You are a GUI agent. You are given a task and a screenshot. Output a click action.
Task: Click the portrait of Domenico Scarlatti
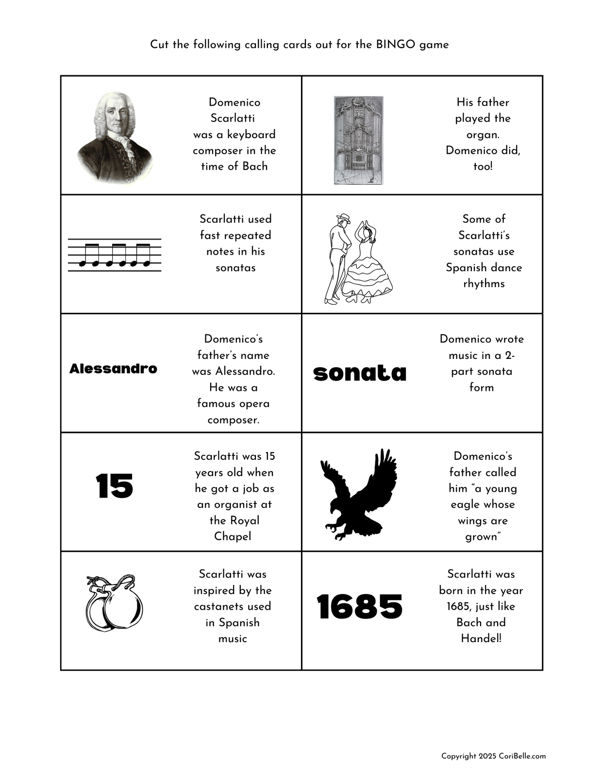pos(116,137)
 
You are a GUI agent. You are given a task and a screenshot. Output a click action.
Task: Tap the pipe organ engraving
pos(358,140)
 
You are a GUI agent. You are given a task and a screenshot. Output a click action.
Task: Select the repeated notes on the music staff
pos(115,255)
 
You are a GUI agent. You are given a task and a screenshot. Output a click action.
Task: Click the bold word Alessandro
pos(113,369)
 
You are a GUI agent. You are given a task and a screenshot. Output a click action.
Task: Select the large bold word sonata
pos(360,373)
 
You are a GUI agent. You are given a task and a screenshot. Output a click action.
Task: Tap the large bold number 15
pos(115,486)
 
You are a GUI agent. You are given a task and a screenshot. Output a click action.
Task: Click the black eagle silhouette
pos(359,494)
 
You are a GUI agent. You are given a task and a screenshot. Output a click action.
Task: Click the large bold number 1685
pos(360,607)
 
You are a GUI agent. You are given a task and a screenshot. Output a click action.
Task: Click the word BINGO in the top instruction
pos(396,45)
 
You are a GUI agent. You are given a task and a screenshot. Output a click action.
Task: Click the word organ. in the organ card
pos(483,134)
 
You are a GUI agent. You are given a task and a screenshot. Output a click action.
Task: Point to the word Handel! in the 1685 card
pos(481,638)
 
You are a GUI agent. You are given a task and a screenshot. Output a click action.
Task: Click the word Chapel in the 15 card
pos(233,536)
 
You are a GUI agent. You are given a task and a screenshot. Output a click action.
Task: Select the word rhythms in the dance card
pos(483,284)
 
